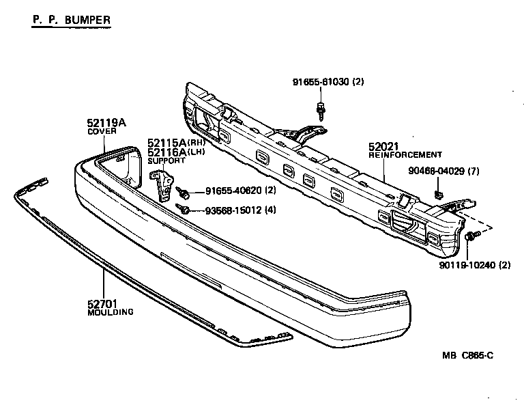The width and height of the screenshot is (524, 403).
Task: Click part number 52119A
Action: (x=106, y=123)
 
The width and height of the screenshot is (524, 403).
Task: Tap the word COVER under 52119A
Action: (x=100, y=132)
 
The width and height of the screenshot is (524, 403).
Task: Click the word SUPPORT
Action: (x=166, y=161)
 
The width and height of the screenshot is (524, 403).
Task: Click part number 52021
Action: (x=383, y=146)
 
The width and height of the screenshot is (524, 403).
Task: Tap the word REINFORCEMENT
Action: (x=405, y=155)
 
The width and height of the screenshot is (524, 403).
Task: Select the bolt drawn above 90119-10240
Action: (x=473, y=236)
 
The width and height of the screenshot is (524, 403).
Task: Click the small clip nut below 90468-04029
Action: (x=441, y=195)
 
